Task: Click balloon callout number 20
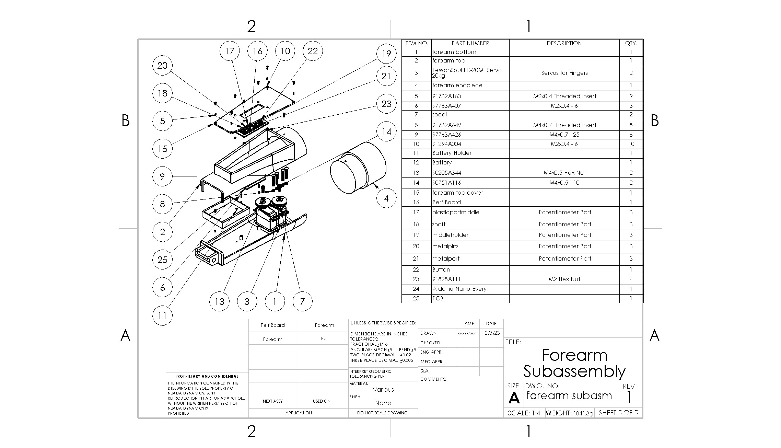coord(162,66)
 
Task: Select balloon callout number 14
coord(386,131)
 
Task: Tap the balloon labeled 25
coord(162,260)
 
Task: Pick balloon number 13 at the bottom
coord(220,301)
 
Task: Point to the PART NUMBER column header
coord(470,43)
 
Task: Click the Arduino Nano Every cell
coord(459,289)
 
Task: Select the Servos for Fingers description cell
coord(564,73)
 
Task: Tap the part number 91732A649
coord(447,125)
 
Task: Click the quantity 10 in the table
coord(631,144)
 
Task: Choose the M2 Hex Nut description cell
coord(564,279)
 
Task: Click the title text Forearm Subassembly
coord(574,363)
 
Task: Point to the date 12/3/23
coord(491,333)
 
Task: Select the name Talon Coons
coord(467,333)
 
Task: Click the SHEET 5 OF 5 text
coord(618,413)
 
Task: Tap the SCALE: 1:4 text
coord(524,413)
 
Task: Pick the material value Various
coord(383,390)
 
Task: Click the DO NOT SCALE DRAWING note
coord(382,413)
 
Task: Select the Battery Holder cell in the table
coord(452,153)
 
